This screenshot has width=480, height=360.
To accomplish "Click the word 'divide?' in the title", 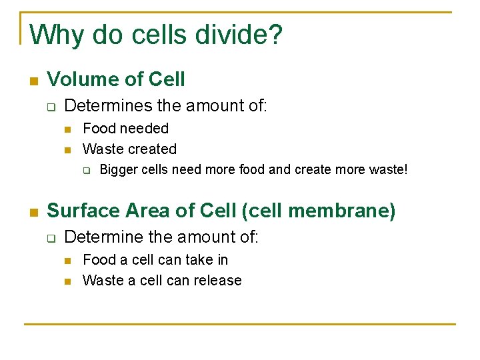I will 239,35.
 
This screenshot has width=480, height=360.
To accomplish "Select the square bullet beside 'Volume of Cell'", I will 32,81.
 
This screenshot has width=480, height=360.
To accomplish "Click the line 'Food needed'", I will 125,129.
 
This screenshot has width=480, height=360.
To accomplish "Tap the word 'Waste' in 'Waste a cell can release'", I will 101,281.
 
